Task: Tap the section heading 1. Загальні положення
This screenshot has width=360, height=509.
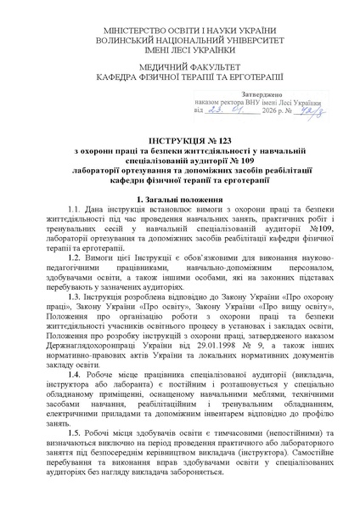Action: coord(180,198)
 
